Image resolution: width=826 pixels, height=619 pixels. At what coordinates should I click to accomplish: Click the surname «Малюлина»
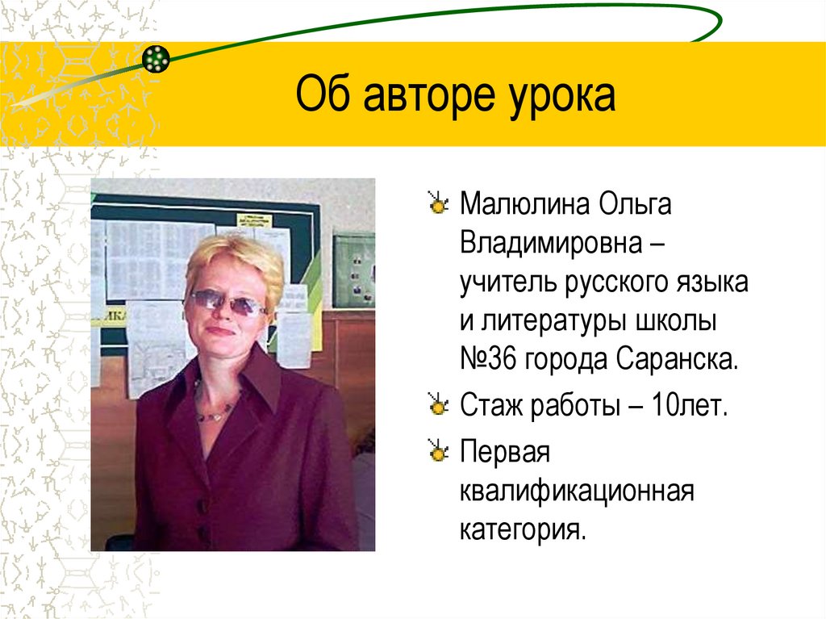[x=524, y=205]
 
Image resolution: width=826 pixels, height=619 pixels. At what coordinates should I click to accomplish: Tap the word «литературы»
[x=573, y=322]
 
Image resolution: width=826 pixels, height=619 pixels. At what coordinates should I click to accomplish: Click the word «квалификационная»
[x=577, y=491]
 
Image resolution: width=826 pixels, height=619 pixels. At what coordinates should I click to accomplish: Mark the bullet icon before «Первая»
[x=439, y=453]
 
